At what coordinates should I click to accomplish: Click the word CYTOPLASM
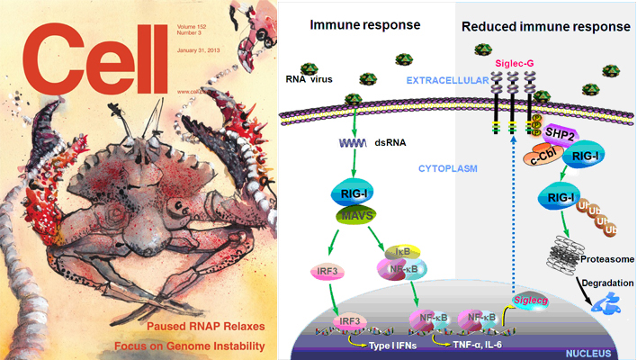pos(444,168)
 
